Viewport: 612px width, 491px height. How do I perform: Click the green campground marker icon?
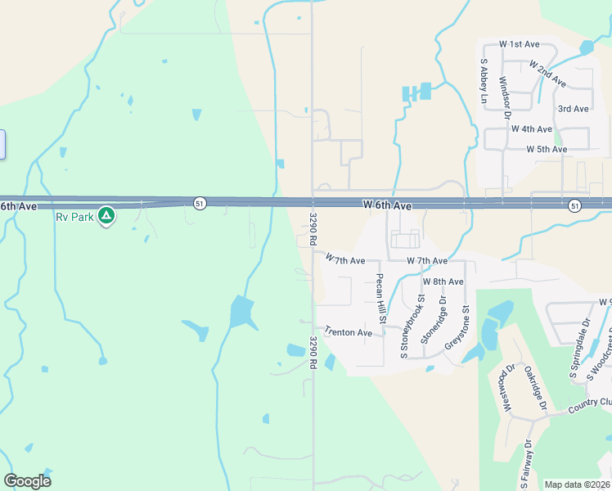106,216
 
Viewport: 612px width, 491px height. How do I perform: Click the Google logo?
27,481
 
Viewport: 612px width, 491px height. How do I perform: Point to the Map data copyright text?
577,484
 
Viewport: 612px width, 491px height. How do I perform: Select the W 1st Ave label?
520,43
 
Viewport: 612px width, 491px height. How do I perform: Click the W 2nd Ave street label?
547,74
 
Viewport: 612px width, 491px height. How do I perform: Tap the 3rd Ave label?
573,109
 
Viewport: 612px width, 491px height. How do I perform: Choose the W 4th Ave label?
532,129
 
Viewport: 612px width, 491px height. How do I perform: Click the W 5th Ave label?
547,150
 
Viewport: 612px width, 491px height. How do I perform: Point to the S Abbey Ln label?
484,82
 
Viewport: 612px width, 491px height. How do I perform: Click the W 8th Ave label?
443,282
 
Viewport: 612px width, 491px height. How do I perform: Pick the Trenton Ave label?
348,331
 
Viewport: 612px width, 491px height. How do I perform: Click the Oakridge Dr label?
535,388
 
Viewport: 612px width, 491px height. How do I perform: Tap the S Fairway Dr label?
529,465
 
